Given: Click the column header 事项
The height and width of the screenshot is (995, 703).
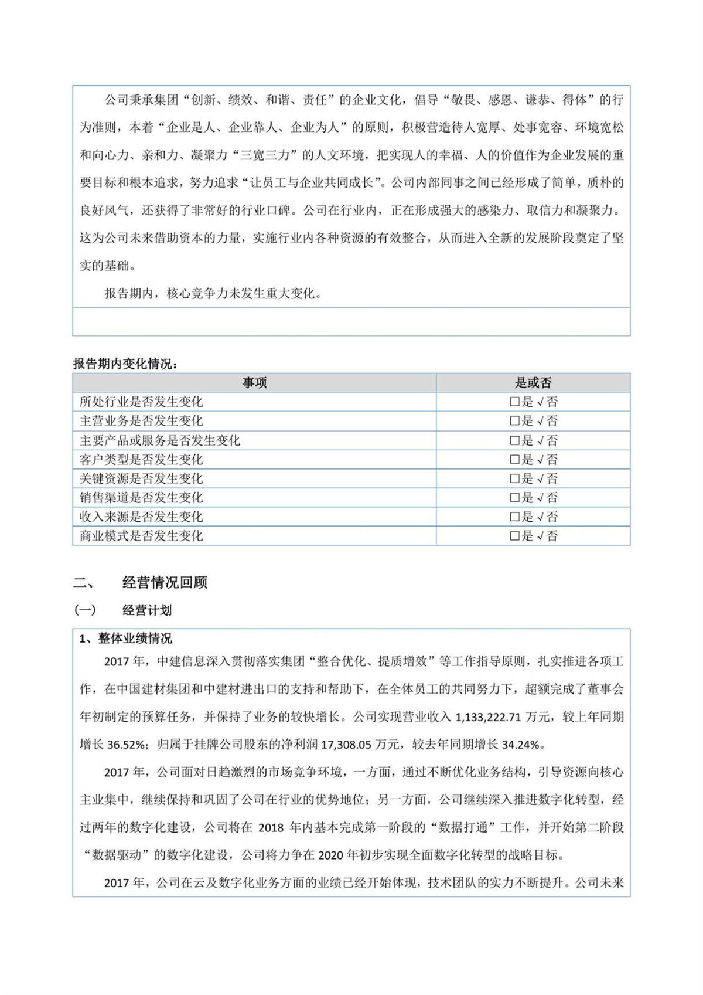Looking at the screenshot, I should tap(254, 383).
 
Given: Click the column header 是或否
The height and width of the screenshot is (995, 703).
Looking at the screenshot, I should tap(533, 383).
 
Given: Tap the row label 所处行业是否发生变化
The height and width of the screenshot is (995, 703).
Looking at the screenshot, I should tap(141, 402).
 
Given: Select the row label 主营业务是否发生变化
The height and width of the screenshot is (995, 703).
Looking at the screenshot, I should tap(141, 421).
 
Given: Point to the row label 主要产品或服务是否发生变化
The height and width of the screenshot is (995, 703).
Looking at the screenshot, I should tap(160, 440).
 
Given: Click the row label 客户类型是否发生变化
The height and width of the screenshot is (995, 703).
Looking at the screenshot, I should tap(141, 459).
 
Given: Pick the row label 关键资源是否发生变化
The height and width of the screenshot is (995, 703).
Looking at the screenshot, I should tap(141, 478).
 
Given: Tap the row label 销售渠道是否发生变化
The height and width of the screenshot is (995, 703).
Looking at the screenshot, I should tap(141, 498).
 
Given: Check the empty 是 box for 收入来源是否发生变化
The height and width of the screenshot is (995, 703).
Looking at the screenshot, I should tap(514, 517).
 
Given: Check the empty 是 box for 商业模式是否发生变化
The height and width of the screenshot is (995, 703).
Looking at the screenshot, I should tap(514, 536).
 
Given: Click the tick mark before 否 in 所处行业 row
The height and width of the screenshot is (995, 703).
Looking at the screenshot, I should tap(540, 402).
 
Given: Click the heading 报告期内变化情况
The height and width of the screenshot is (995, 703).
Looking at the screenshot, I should tap(125, 364).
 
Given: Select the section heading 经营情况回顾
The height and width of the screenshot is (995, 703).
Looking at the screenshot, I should tap(165, 582).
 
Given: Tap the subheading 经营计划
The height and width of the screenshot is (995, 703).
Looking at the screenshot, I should tap(147, 610).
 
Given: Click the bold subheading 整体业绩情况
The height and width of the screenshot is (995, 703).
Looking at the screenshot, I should tap(135, 639).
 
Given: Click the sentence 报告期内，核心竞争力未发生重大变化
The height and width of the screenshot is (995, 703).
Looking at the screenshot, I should tap(213, 293).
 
